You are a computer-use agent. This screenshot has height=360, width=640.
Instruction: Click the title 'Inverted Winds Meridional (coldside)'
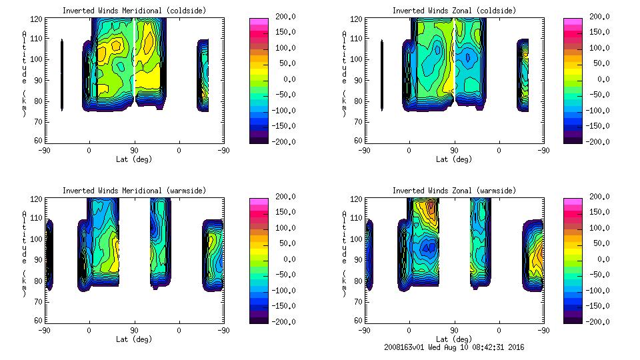click(x=134, y=11)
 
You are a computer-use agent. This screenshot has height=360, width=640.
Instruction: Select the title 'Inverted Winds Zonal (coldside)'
click(x=454, y=11)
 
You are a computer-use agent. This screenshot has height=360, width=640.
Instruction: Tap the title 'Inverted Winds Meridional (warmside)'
click(x=134, y=191)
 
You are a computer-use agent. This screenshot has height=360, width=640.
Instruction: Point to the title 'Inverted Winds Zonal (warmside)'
click(x=454, y=191)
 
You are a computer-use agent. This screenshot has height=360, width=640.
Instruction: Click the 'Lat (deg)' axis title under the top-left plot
click(x=134, y=159)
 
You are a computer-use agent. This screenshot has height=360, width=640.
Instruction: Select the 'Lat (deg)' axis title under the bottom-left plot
click(x=134, y=339)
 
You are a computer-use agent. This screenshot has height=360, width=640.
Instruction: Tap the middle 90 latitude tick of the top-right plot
click(x=454, y=151)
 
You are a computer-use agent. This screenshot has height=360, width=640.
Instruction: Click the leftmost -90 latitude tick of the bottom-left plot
click(x=44, y=331)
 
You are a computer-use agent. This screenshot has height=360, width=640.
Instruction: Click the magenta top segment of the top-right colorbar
click(x=573, y=21)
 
